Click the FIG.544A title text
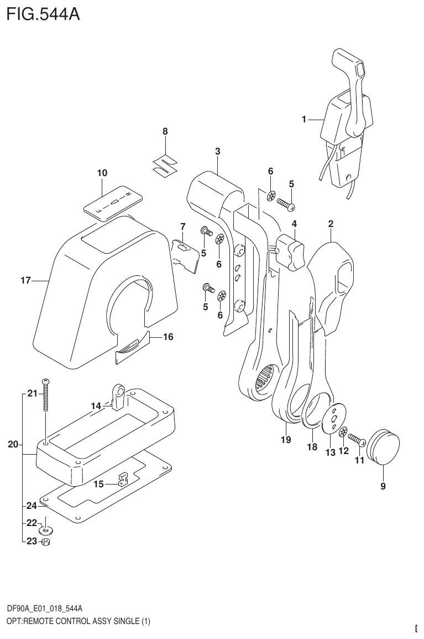tap(43, 13)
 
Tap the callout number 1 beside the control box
tap(303, 119)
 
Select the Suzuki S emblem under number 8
tap(164, 164)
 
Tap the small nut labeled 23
tap(46, 542)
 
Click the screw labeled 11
tap(357, 440)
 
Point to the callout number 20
tap(13, 444)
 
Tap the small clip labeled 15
tap(122, 479)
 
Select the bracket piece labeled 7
tap(185, 254)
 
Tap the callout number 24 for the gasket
tap(31, 505)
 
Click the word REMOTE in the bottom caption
tap(43, 621)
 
